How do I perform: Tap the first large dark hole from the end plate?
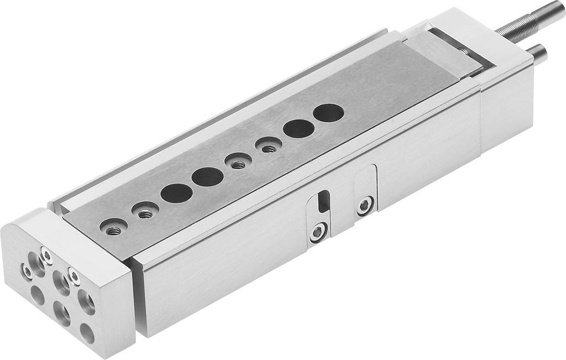tap(176, 194)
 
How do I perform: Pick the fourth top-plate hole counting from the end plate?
tap(208, 178)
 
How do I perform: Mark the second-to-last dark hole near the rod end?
tap(298, 128)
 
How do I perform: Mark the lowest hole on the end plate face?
tap(86, 332)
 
